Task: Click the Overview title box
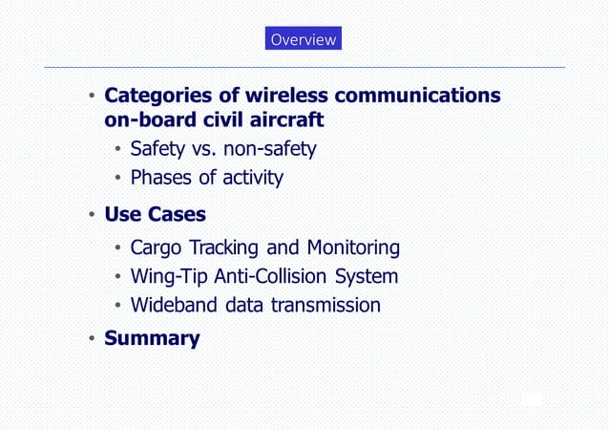pos(303,39)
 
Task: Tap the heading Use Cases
pos(155,213)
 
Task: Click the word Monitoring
pos(353,248)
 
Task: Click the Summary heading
pos(152,338)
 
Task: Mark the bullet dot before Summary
pos(89,339)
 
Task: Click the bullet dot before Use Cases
pos(89,214)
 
